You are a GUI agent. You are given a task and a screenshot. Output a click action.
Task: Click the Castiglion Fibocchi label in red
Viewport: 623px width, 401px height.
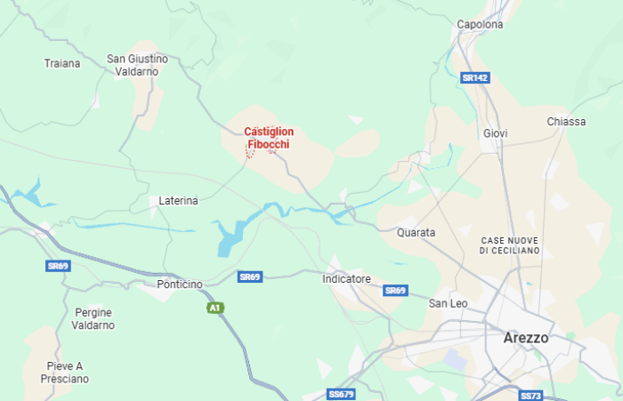pos(269,138)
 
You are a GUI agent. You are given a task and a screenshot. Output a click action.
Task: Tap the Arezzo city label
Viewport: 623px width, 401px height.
pos(525,338)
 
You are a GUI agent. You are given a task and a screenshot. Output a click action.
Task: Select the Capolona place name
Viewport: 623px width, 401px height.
pos(480,25)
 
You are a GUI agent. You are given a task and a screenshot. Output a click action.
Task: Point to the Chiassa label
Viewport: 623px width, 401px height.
pos(566,122)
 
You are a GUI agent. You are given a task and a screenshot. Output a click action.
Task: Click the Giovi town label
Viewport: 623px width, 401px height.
pos(496,133)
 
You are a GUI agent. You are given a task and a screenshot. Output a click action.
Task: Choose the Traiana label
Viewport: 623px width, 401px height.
pos(62,64)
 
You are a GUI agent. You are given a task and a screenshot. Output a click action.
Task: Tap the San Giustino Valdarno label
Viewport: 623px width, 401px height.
pos(137,65)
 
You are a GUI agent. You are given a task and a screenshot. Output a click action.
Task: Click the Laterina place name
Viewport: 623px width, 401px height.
pos(178,202)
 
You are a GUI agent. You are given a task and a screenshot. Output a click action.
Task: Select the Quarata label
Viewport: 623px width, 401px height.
pos(417,233)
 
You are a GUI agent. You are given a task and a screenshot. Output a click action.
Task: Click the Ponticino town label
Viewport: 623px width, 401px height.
pos(180,285)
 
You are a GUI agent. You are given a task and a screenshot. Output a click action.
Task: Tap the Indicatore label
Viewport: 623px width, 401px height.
pos(346,279)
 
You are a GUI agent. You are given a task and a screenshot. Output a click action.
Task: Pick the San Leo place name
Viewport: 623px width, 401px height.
pos(448,304)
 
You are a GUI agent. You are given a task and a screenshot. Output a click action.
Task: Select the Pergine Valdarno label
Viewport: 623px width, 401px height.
pos(94,319)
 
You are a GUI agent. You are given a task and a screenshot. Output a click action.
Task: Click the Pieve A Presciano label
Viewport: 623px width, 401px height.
pos(65,373)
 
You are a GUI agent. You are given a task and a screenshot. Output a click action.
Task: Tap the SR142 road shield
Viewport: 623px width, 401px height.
pos(476,78)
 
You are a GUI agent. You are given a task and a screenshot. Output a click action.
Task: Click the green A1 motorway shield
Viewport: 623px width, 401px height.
pos(214,308)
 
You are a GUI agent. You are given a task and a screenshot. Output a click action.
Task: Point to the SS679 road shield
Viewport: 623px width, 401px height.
pos(341,394)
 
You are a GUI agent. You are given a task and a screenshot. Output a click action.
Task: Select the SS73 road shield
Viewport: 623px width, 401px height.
pos(530,395)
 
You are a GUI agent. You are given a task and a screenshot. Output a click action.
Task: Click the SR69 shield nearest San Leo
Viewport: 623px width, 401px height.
pos(395,291)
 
